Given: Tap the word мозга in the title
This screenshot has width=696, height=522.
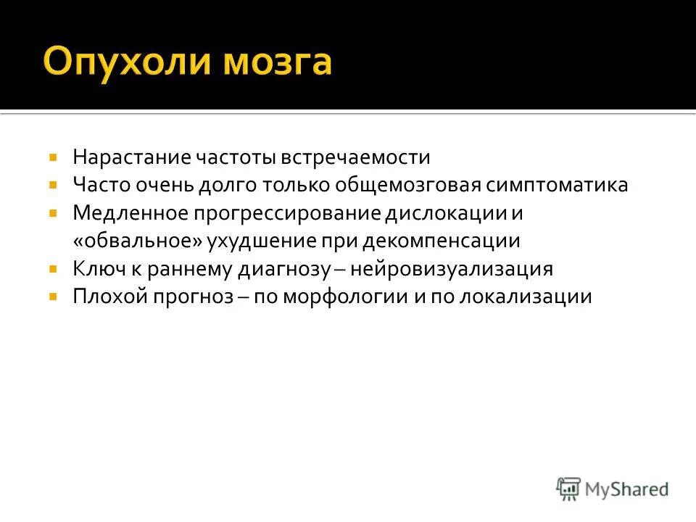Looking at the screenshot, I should click(x=276, y=62).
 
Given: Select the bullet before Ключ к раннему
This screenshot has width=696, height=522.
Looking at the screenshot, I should click(x=54, y=269).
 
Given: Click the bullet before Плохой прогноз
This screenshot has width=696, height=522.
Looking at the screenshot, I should click(x=54, y=297).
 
